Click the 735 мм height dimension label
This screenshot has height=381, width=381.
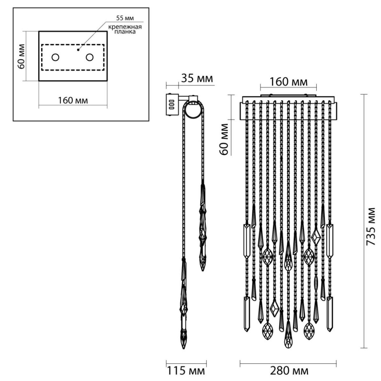coord(370,226)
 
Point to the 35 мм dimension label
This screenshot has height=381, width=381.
coord(197,78)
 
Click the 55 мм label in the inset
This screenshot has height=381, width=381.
coord(125,18)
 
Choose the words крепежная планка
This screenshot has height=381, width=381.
coord(125,29)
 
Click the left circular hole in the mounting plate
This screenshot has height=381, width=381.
coord(55,57)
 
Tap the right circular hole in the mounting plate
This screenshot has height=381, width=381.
coord(90,57)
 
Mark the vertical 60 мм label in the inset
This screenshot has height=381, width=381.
coord(21,56)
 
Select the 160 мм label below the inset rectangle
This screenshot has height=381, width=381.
coord(73,101)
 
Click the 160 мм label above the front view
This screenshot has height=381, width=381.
coord(289,82)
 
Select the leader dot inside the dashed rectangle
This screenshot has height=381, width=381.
coord(78,50)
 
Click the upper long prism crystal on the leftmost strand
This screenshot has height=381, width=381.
coord(247,241)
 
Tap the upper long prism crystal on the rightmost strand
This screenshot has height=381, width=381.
coord(330,241)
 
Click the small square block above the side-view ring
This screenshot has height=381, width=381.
coord(193,98)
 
